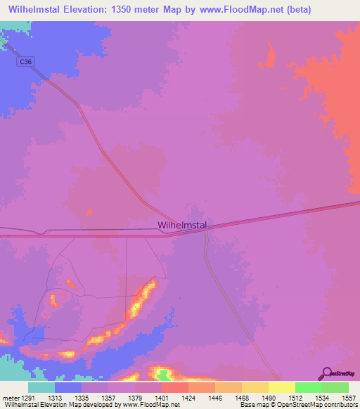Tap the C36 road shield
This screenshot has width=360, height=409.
pos(25,62)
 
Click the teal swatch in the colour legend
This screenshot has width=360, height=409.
pos(41,387)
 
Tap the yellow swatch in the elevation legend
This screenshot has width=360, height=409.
pos(281,387)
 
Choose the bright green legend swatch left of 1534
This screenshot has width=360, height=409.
pos(309,387)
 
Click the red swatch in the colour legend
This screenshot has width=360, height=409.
pos(175,387)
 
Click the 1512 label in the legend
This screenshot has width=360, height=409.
pos(282,398)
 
